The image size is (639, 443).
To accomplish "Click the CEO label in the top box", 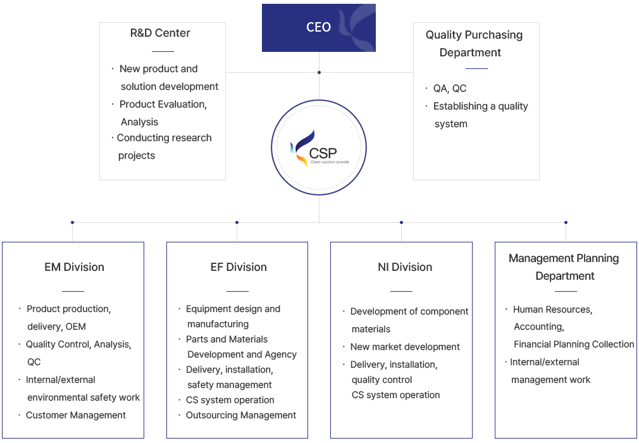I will pyautogui.click(x=318, y=27).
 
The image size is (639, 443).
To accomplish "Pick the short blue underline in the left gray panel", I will pyautogui.click(x=163, y=51).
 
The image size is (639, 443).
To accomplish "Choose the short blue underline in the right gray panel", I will pyautogui.click(x=476, y=68).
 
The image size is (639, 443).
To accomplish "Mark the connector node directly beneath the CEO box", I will pyautogui.click(x=319, y=72).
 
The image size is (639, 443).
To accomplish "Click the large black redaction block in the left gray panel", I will pyautogui.click(x=167, y=113).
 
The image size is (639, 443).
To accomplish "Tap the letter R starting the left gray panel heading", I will pyautogui.click(x=133, y=33).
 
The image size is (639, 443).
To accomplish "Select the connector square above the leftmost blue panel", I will pyautogui.click(x=72, y=222).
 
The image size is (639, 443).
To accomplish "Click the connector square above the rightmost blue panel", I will pyautogui.click(x=566, y=222).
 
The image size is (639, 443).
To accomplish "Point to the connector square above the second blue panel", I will pyautogui.click(x=237, y=222).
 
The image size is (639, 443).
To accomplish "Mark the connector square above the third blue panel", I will pyautogui.click(x=401, y=222).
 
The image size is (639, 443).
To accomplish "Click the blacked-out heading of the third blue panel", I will pyautogui.click(x=405, y=267).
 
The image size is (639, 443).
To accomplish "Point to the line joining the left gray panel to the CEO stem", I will pyautogui.click(x=272, y=72).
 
